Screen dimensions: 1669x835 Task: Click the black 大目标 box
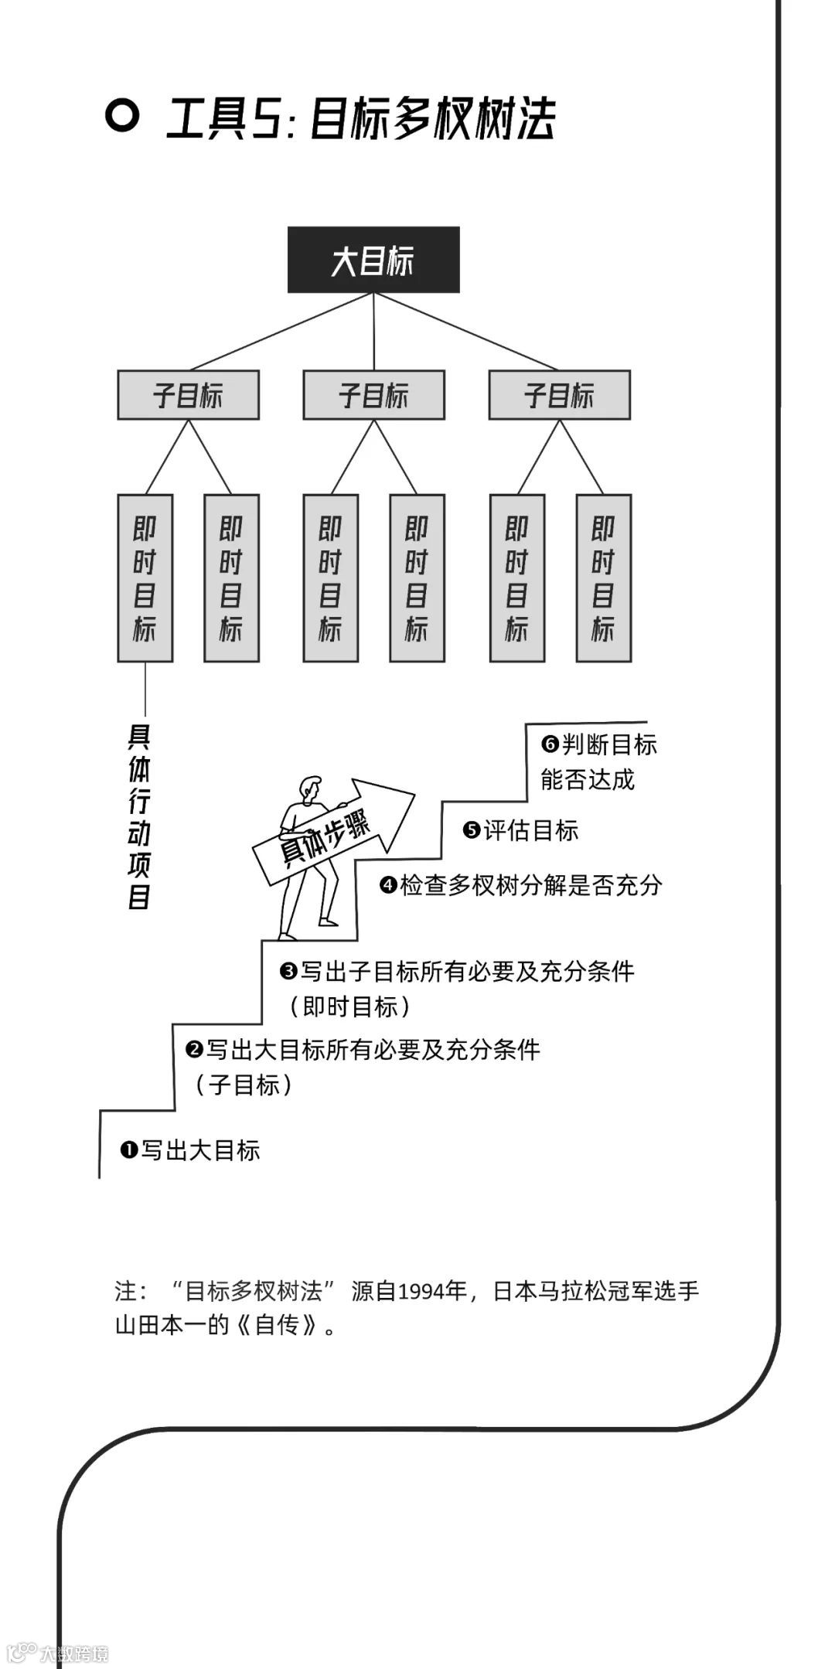373,260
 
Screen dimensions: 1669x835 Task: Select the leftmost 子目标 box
188,395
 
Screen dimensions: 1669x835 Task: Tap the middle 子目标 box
373,395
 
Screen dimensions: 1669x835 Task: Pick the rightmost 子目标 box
559,395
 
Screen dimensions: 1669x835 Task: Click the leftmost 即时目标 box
145,578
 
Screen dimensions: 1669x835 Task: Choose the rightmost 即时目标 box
603,578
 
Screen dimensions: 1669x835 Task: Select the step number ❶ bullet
128,1150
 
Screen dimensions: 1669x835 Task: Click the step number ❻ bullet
550,744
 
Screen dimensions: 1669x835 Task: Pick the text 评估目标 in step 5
531,831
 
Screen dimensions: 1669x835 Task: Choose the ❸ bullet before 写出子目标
289,971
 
